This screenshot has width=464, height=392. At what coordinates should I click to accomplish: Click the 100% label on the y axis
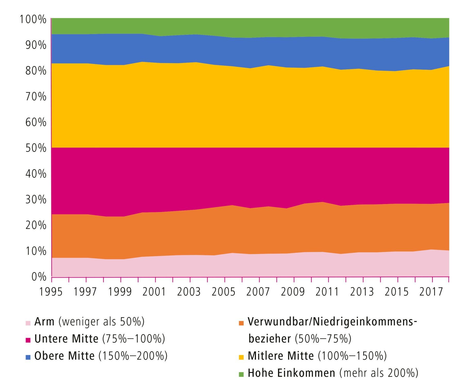tap(33, 19)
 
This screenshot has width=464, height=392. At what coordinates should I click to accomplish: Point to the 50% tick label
tap(36, 148)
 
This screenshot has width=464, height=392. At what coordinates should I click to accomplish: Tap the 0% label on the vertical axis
tap(39, 277)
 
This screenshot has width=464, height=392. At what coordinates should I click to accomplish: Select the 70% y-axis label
tap(36, 97)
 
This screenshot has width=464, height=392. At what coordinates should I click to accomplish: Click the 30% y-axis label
tap(36, 200)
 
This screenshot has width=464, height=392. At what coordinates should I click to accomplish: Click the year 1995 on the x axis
tap(51, 292)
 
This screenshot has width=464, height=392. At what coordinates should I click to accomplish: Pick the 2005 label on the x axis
tap(223, 292)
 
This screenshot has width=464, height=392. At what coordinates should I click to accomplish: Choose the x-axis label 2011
tap(327, 292)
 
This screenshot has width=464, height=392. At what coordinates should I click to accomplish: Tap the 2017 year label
tap(431, 292)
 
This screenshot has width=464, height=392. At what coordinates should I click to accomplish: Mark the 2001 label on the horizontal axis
tap(154, 292)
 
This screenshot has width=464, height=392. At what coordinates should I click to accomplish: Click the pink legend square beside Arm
tap(28, 323)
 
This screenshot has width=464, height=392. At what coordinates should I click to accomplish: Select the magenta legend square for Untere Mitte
tap(28, 340)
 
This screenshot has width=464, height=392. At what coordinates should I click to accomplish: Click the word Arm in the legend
tap(44, 322)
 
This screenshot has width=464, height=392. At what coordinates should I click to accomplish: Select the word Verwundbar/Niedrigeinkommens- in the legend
tap(332, 322)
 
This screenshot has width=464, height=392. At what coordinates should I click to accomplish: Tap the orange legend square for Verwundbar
tap(241, 323)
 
